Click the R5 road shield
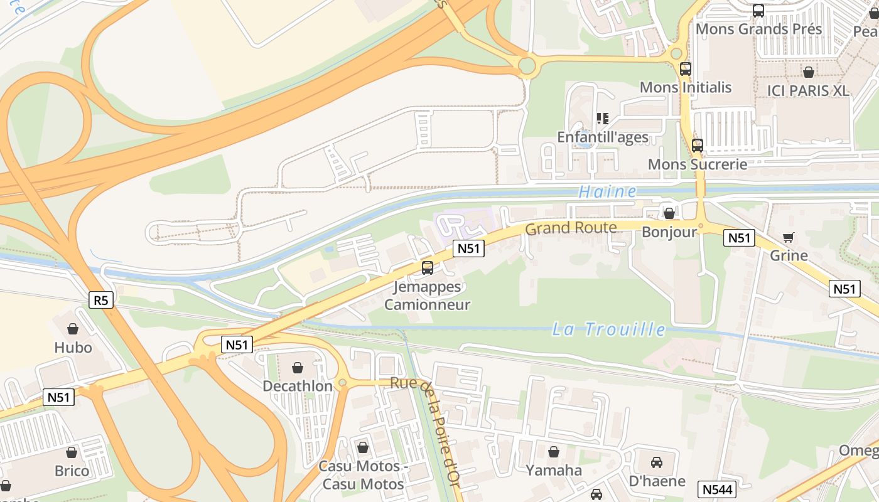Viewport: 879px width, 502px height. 101,301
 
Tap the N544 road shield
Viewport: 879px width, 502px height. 716,489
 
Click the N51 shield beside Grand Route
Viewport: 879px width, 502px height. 468,248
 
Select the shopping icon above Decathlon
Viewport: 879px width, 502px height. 298,368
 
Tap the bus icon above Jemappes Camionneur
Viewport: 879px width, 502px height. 428,268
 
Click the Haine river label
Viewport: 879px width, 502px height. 607,191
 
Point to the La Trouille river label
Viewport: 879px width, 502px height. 608,329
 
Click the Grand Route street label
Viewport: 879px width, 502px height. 571,228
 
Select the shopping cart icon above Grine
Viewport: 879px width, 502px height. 789,237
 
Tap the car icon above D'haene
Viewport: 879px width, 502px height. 657,462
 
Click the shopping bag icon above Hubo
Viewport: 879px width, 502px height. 73,329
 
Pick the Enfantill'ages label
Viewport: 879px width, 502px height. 603,137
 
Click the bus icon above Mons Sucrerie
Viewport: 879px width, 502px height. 698,146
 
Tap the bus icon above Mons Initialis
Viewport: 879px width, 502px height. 686,69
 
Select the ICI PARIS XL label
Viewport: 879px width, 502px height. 808,90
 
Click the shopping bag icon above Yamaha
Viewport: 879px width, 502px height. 554,452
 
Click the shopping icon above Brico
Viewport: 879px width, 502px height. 72,452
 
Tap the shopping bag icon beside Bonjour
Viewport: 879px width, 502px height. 669,213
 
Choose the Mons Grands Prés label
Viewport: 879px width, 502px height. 758,29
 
